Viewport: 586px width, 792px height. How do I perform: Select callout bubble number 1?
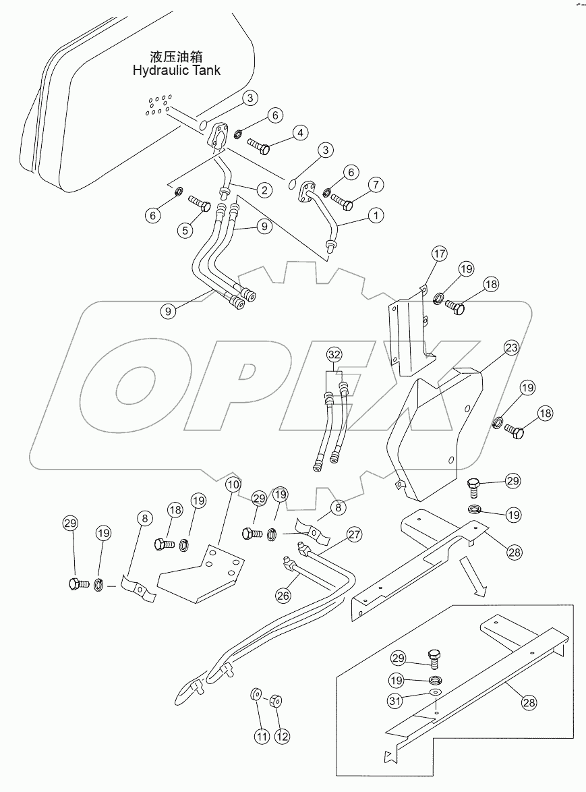[x=376, y=216]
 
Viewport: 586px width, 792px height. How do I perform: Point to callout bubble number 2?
[x=264, y=190]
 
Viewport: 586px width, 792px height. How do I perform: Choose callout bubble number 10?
[x=233, y=484]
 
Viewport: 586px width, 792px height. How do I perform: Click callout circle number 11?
[x=260, y=736]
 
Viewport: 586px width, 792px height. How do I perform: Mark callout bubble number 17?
[x=440, y=255]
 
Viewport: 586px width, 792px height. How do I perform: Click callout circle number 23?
[x=512, y=349]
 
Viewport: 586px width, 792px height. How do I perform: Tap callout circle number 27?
[x=355, y=536]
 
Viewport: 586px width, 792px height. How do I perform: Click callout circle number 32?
[x=335, y=354]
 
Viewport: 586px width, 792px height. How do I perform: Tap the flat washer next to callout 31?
[x=436, y=693]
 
